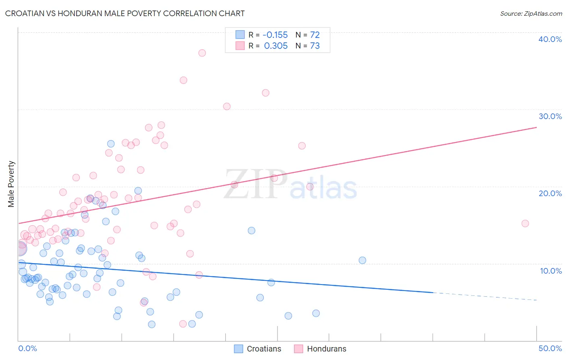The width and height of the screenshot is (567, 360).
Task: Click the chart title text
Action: click(x=125, y=13)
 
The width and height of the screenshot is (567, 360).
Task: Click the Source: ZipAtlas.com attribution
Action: click(x=531, y=13)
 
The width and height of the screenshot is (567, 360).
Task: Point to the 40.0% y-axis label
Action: click(x=550, y=39)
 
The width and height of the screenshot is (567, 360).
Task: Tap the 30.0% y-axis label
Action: click(x=550, y=116)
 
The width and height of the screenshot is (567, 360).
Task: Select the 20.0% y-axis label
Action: click(x=550, y=193)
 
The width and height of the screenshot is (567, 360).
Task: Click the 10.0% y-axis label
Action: click(x=551, y=271)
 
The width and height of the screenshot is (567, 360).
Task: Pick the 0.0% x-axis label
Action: click(x=27, y=348)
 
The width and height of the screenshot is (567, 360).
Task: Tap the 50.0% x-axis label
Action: click(x=550, y=348)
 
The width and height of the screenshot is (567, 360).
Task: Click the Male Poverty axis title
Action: click(x=11, y=184)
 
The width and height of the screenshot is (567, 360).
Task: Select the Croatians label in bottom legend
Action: click(x=264, y=349)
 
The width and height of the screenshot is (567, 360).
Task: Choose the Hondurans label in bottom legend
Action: click(x=326, y=349)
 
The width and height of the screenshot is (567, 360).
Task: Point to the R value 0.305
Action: click(x=276, y=46)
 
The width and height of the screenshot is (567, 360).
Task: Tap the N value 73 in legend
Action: click(x=315, y=46)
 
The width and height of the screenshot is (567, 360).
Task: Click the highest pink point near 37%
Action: click(x=202, y=53)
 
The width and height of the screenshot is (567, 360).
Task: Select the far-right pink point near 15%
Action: click(x=525, y=224)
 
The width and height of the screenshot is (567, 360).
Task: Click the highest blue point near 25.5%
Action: click(x=111, y=144)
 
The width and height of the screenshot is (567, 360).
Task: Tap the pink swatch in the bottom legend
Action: click(x=298, y=349)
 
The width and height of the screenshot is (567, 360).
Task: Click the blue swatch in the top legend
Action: click(x=240, y=35)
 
